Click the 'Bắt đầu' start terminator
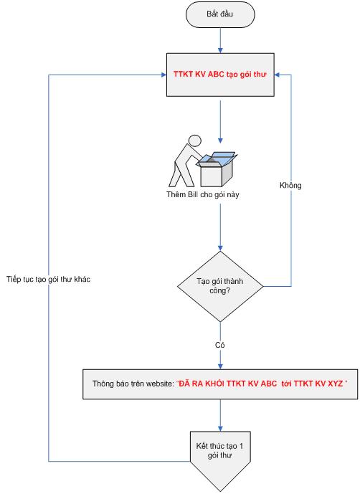(220, 14)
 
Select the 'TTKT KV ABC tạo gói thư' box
(220, 75)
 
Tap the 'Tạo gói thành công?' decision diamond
(220, 286)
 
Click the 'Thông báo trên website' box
(220, 384)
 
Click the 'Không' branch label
(290, 185)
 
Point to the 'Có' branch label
(219, 345)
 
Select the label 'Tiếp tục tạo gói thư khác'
(48, 279)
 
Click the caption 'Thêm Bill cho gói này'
(203, 194)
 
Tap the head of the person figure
(194, 141)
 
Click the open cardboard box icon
(217, 169)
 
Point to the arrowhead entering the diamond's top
(220, 248)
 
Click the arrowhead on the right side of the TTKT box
(278, 75)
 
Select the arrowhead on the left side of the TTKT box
(164, 75)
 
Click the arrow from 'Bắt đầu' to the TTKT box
(220, 40)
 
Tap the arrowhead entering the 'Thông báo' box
(220, 366)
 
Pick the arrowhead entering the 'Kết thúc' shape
(220, 428)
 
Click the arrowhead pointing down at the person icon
(220, 141)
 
